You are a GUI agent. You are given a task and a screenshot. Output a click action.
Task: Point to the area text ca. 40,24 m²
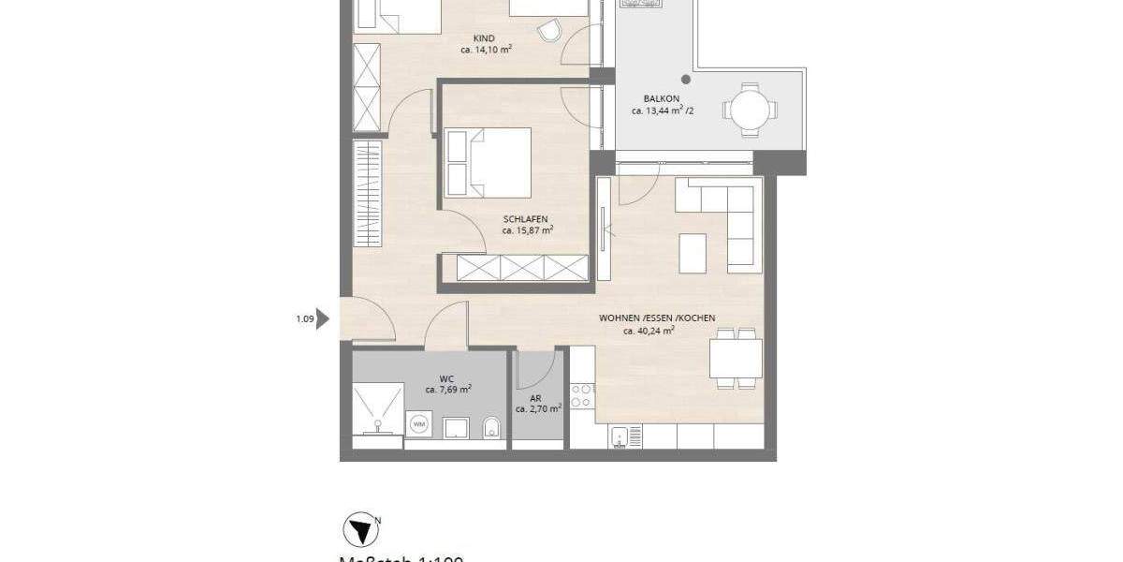(x=649, y=331)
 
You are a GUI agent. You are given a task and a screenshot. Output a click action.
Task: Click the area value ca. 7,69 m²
(x=447, y=390)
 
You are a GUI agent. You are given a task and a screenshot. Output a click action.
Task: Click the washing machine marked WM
(x=418, y=425)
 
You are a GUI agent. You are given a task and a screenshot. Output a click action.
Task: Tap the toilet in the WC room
(x=492, y=430)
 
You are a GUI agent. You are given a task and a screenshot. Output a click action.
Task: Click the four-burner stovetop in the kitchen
(x=582, y=396)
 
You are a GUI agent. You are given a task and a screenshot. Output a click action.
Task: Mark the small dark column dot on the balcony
(x=686, y=80)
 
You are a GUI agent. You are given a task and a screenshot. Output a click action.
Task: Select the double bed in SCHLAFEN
(x=489, y=163)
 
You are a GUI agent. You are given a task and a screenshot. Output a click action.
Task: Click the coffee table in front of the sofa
(x=694, y=253)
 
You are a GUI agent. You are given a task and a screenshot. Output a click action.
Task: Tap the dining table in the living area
(x=736, y=358)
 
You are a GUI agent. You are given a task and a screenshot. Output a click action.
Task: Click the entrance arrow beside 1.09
(x=324, y=319)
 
